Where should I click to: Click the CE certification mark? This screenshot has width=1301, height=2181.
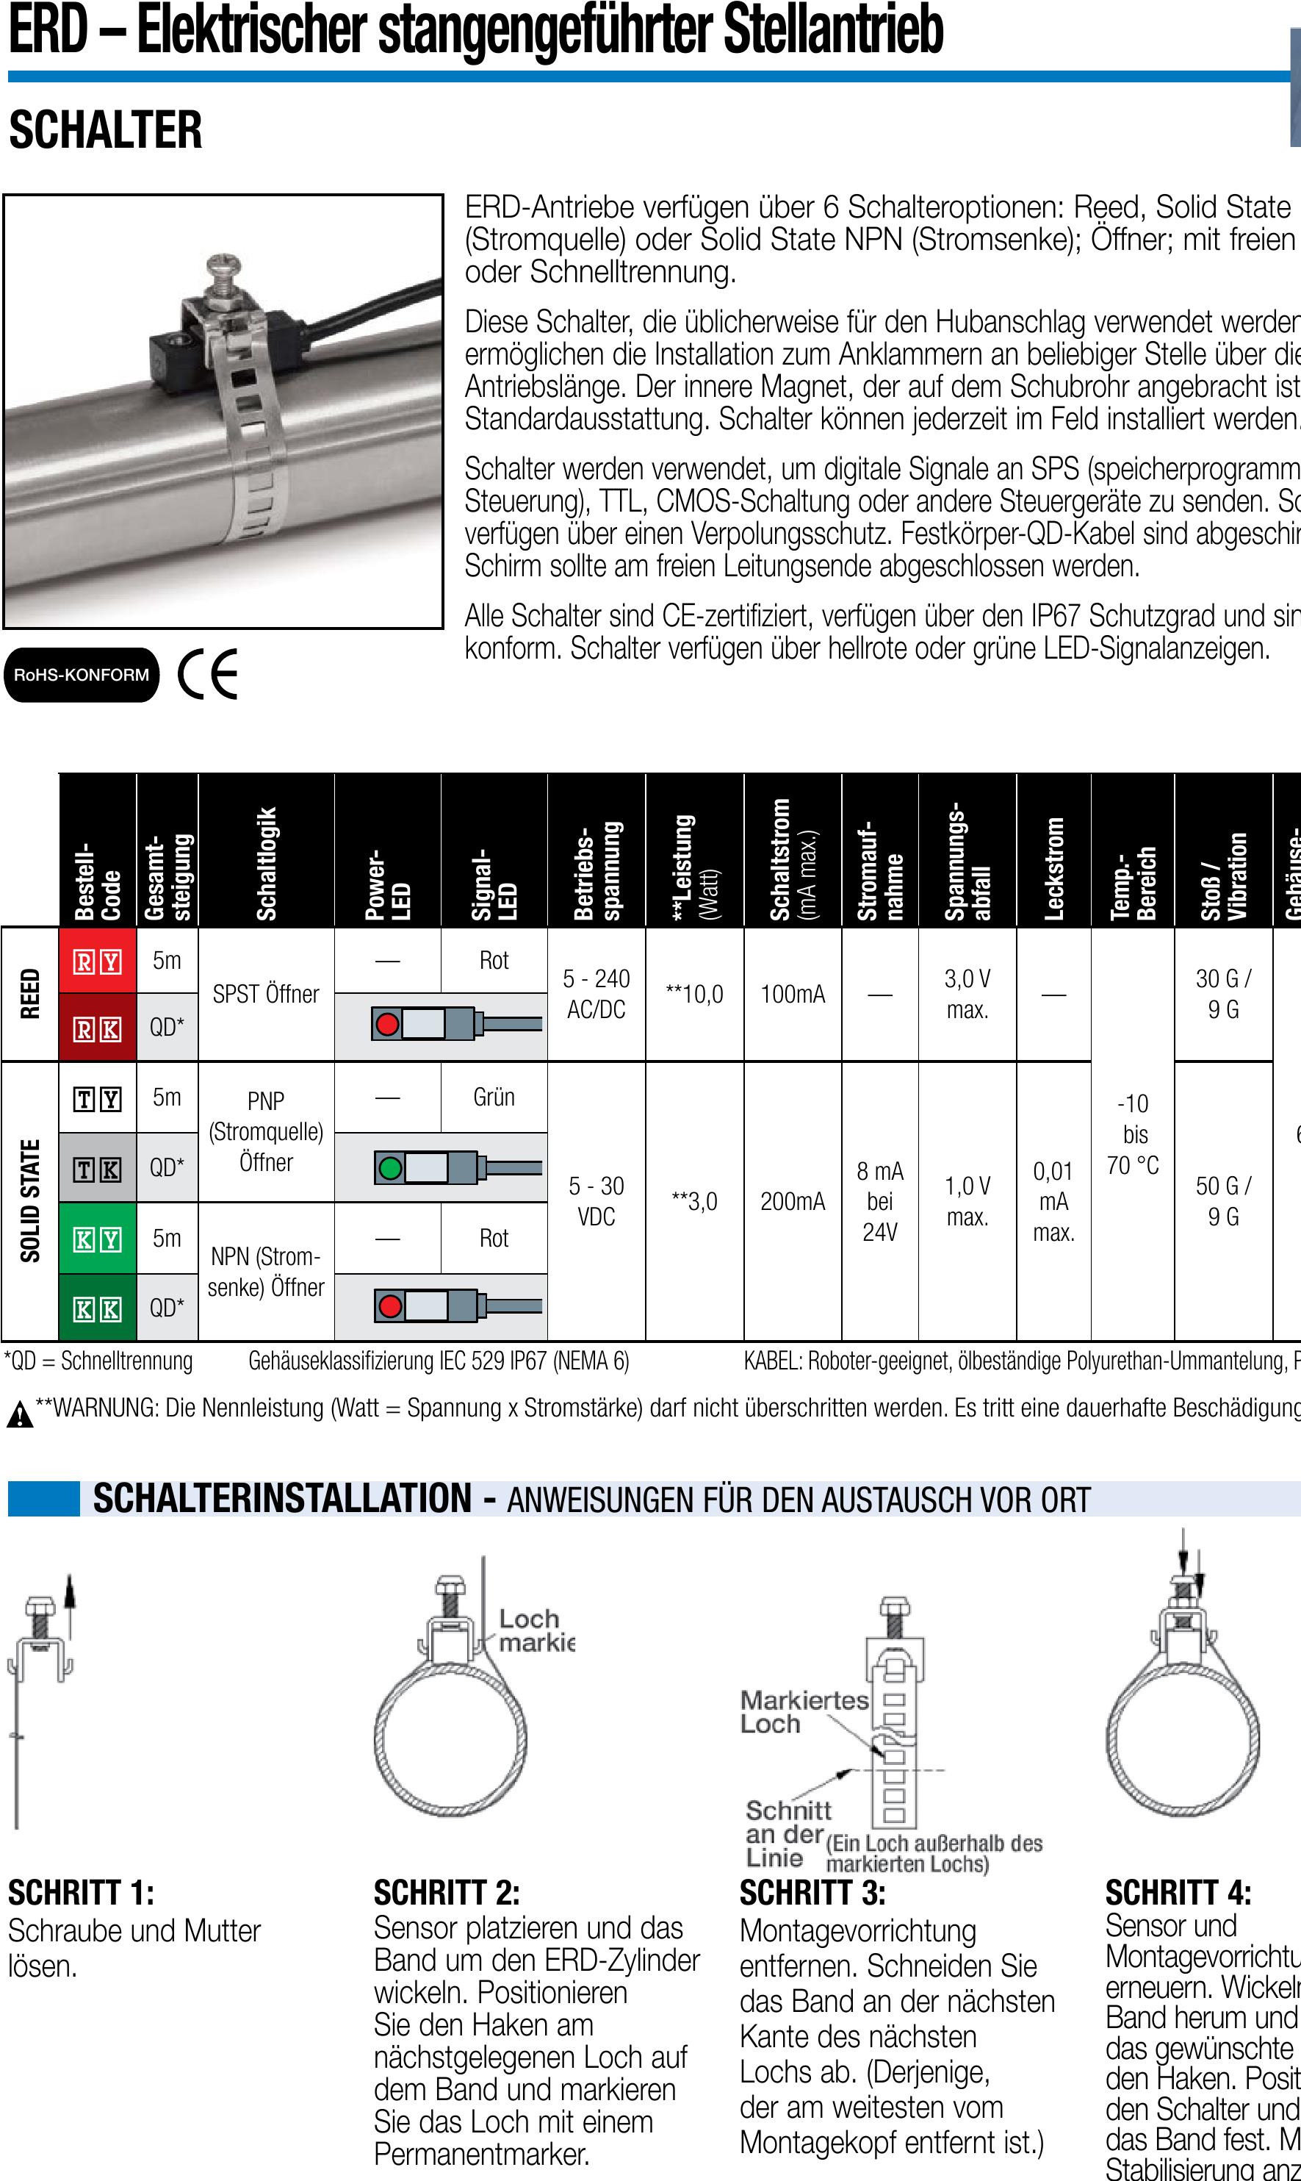[x=208, y=673]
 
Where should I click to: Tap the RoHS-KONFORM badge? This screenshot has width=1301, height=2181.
[x=82, y=674]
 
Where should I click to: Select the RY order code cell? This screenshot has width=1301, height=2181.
[x=97, y=961]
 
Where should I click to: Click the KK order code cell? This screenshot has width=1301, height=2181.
[x=97, y=1308]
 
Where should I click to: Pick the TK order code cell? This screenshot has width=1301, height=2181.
[x=97, y=1169]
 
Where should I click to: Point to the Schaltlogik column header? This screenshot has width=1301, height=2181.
[x=267, y=863]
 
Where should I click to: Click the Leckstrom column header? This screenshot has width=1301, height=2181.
[x=1053, y=868]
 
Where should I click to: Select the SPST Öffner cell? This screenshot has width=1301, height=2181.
[x=266, y=994]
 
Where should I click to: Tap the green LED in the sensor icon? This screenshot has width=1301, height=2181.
[x=389, y=1168]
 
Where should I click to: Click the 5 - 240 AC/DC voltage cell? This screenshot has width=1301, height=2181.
[x=597, y=994]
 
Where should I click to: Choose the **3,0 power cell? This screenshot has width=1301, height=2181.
[x=693, y=1200]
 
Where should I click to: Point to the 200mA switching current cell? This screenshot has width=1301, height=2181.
[x=793, y=1200]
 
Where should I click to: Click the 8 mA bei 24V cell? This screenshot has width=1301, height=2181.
[x=880, y=1200]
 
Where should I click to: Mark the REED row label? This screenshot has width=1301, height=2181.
[x=30, y=994]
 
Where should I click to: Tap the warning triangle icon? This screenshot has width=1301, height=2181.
[x=19, y=1414]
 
